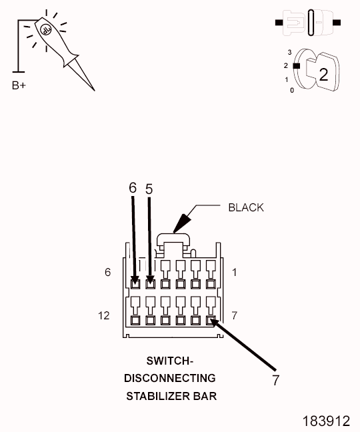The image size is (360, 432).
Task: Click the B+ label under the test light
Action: point(19,85)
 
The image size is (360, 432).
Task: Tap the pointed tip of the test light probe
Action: point(95,91)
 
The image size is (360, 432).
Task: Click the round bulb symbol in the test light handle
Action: point(46,30)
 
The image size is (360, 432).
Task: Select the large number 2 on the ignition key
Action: point(323,74)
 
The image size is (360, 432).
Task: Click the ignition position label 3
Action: point(289,52)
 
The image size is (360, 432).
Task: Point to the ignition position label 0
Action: point(292,90)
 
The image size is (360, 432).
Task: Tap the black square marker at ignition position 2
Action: point(297,66)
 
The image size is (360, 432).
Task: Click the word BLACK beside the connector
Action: point(246,208)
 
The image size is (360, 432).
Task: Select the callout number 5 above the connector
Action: point(149,189)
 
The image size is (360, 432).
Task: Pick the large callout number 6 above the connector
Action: point(133,188)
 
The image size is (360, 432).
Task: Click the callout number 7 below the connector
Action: point(276,380)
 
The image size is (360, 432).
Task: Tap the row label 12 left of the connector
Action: point(103,315)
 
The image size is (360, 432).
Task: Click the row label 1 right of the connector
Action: point(235,273)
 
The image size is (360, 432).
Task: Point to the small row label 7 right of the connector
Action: point(235,315)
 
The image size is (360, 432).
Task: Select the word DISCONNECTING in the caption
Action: point(170,378)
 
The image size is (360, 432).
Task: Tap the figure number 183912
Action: point(326,421)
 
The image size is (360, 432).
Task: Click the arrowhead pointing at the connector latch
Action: point(182,223)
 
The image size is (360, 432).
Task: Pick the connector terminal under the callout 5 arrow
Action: point(150,284)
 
